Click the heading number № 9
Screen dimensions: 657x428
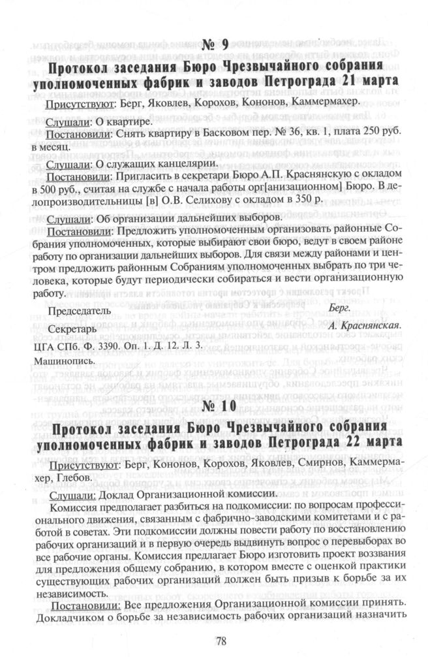tap(213, 46)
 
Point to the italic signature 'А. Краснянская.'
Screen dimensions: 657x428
tap(363, 325)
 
